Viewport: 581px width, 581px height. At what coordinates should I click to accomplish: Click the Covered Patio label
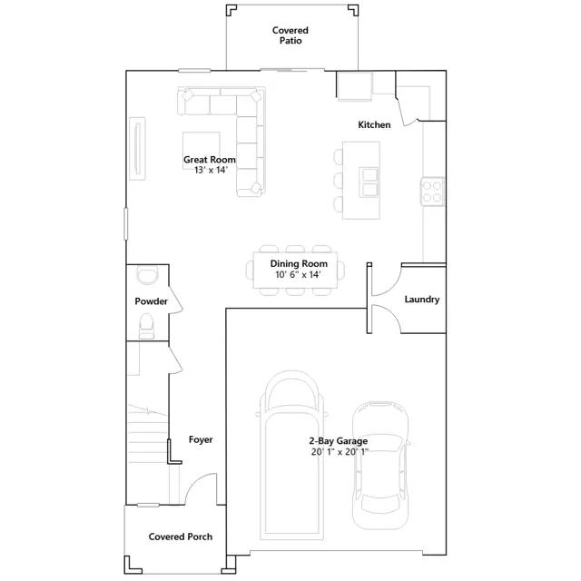pos(290,35)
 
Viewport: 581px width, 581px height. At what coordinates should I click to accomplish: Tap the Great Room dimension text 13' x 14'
pos(211,170)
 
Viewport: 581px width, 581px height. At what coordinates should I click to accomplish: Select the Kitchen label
pos(374,125)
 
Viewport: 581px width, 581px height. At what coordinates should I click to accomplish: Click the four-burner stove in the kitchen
pos(432,192)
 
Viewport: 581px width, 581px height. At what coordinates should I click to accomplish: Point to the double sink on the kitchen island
pos(369,182)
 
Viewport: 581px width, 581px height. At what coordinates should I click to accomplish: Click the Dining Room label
pos(299,264)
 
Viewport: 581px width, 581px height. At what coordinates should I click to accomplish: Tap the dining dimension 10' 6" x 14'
pos(298,274)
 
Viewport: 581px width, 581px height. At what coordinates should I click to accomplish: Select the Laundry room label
pos(421,300)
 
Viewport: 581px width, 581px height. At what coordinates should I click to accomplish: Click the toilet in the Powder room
pos(146,326)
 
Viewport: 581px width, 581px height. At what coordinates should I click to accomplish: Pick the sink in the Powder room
pos(147,274)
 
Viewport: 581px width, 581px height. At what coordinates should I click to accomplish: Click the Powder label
pos(152,301)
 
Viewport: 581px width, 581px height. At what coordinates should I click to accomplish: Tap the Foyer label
pos(201,439)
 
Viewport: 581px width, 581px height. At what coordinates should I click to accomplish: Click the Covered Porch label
pos(181,537)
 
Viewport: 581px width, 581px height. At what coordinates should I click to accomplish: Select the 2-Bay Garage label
pos(339,441)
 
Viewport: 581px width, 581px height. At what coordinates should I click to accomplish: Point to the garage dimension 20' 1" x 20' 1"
pos(340,452)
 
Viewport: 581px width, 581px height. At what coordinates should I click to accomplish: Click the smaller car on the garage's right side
pos(380,466)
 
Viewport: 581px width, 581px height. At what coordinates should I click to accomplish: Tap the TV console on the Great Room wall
pos(137,149)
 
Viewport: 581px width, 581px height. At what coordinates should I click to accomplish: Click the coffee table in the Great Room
pos(202,143)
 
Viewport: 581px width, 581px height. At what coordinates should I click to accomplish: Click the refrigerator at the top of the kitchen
pos(354,86)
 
